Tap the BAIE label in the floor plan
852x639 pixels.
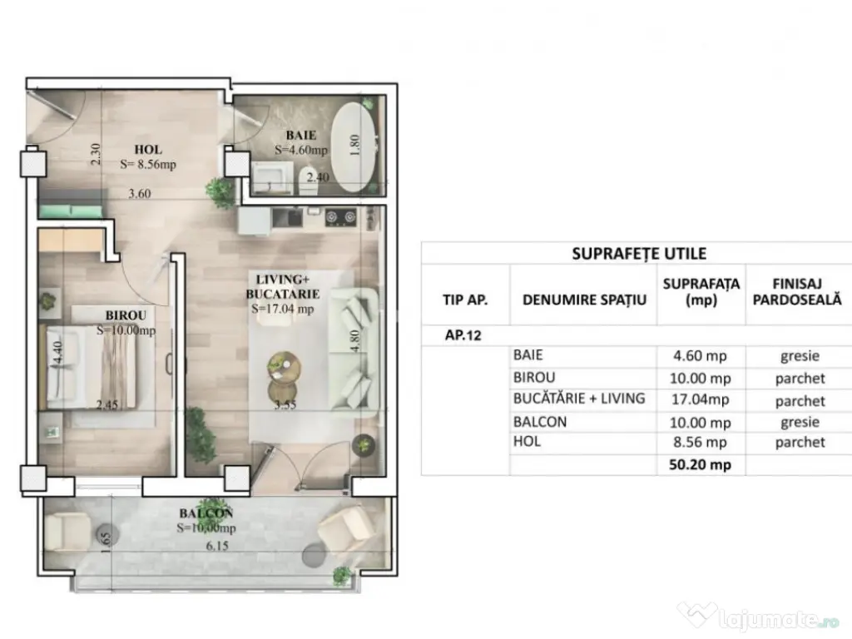point(300,134)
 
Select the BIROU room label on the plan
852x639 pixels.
point(126,315)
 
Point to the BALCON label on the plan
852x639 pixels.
point(206,513)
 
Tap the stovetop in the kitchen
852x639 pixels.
point(341,217)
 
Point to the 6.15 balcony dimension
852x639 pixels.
point(218,546)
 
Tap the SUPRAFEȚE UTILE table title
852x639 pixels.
point(639,254)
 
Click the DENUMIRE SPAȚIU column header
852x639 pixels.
point(584,299)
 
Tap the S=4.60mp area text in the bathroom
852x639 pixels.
point(301,151)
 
